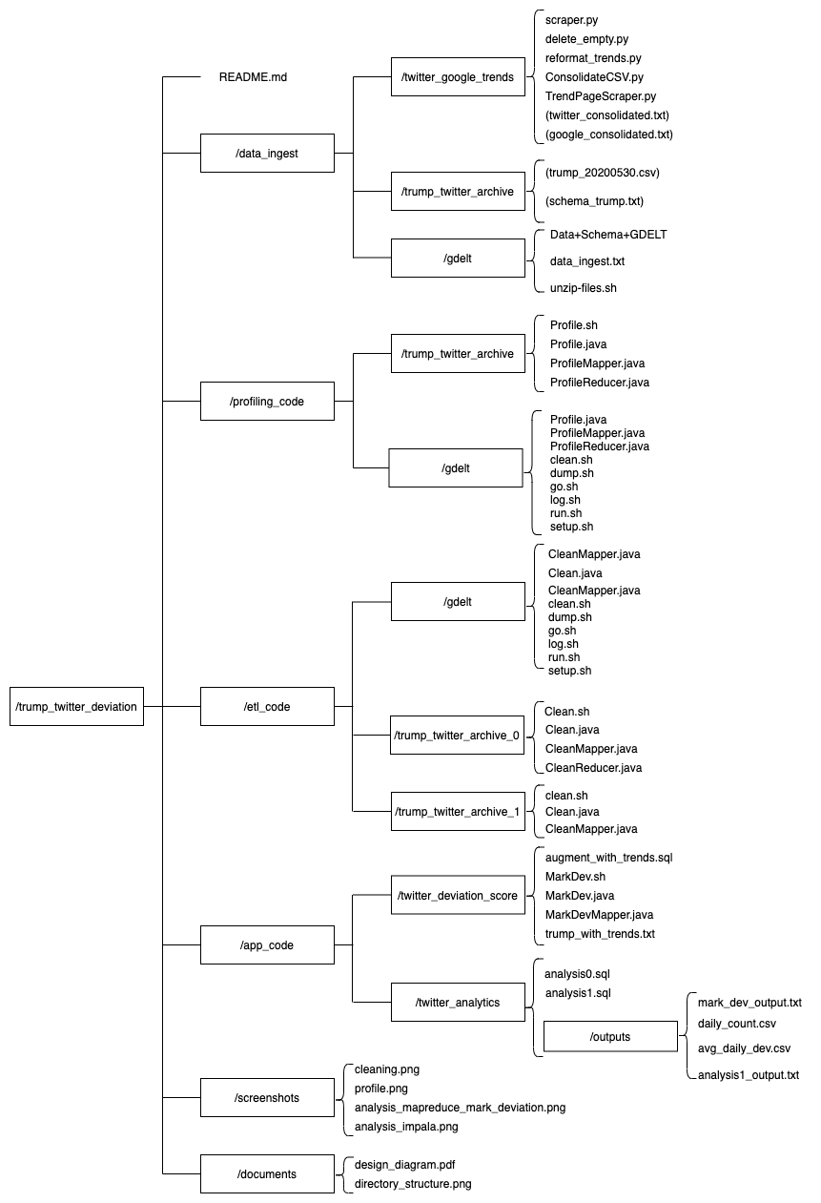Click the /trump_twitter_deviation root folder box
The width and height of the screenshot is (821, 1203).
76,707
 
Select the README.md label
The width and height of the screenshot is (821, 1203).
253,77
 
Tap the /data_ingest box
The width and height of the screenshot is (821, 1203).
267,154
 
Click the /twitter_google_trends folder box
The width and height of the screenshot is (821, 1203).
458,77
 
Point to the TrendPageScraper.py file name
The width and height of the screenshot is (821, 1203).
600,96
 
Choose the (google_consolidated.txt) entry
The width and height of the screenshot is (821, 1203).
608,135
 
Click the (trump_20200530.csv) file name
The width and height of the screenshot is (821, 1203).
602,173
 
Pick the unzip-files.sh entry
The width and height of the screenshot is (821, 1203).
590,287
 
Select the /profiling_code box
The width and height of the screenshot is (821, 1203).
267,402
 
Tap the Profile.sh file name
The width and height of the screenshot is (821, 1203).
574,325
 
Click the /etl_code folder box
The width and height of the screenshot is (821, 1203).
267,707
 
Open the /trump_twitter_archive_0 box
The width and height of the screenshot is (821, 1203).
457,736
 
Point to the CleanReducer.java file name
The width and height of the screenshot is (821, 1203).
593,768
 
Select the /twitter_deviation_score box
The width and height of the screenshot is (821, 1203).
458,896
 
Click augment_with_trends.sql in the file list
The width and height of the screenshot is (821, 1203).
608,858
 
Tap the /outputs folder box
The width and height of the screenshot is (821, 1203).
610,1037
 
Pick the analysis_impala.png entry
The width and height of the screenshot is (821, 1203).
406,1127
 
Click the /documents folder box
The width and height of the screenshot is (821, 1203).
267,1174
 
